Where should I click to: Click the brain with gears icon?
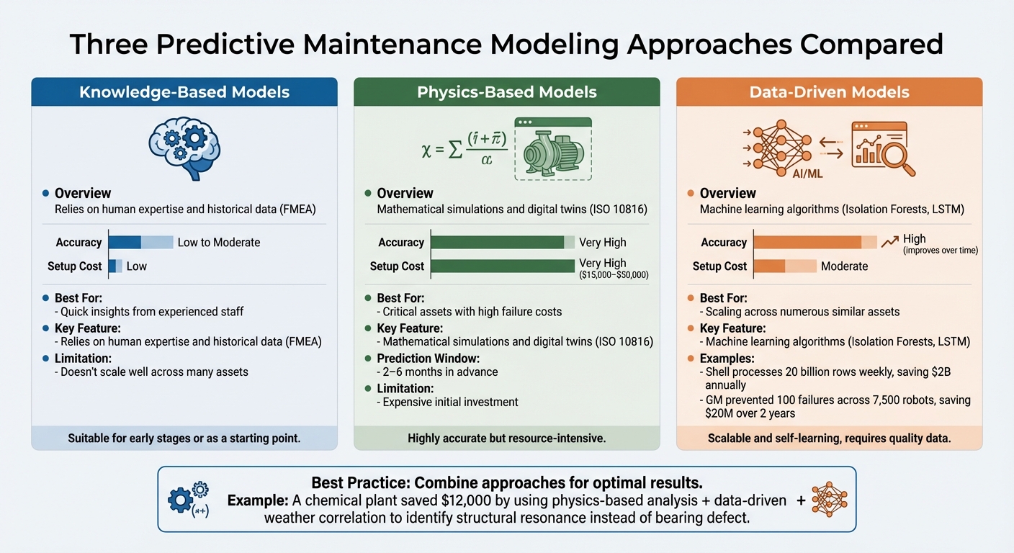click(184, 147)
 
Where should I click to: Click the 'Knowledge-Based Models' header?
click(184, 92)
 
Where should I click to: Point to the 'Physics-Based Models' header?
click(507, 92)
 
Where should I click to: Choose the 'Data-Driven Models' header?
click(829, 92)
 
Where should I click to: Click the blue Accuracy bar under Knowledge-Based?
click(140, 242)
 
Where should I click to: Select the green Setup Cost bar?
click(503, 266)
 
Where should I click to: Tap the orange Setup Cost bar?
click(784, 266)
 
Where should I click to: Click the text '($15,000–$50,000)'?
click(614, 275)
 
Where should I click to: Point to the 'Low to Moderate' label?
click(219, 242)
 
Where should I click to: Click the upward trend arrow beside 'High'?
click(890, 242)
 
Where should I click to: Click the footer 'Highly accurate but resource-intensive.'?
click(507, 438)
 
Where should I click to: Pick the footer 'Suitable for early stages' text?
click(184, 438)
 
